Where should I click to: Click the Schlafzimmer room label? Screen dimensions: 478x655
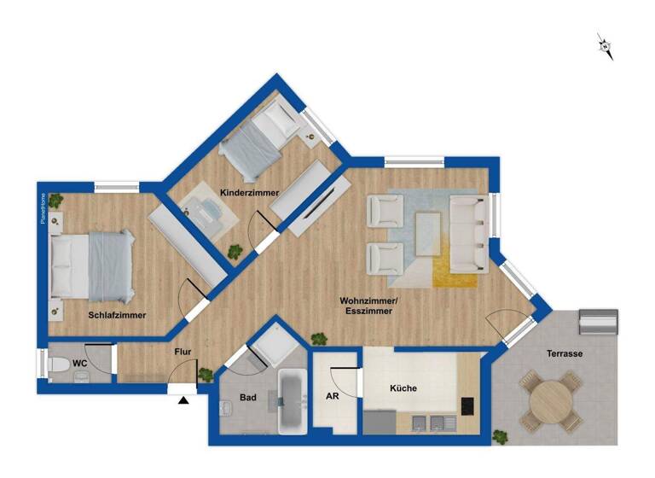pos(117,315)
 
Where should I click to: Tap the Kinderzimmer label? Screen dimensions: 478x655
pos(249,194)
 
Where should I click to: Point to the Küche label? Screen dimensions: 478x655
pos(403,388)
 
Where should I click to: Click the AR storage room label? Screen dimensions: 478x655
pos(333,396)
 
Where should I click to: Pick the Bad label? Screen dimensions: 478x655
pos(247,398)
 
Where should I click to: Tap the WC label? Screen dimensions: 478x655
pos(79,364)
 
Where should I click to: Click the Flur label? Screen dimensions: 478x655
pos(183,351)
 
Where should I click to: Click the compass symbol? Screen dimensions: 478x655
pos(606,46)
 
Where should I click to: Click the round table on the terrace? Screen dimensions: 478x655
pos(550,399)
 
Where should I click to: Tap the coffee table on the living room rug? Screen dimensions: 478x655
pos(429,231)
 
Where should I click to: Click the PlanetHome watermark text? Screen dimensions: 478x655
pos(42,208)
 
